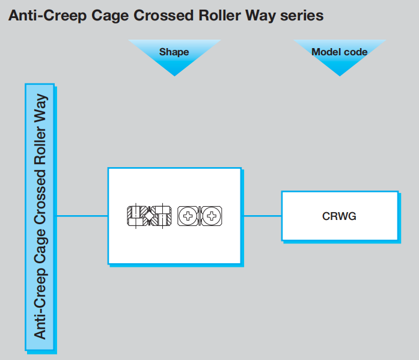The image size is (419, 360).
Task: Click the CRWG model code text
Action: (x=340, y=216)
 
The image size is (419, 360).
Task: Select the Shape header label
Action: (x=174, y=52)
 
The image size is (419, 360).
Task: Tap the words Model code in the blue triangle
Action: (x=339, y=52)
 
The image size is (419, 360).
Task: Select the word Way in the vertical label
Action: (x=40, y=107)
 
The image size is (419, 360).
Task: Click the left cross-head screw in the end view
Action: (x=189, y=215)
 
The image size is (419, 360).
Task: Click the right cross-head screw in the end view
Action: (x=212, y=215)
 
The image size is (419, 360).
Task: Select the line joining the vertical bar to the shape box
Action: (x=81, y=216)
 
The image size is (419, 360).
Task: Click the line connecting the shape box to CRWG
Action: (x=261, y=216)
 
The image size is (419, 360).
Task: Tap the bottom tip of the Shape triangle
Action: (x=174, y=75)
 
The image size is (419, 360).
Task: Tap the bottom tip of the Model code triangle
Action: (x=339, y=75)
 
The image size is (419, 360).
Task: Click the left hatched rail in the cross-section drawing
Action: (x=135, y=215)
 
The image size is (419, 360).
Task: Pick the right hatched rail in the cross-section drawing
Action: (x=164, y=215)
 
